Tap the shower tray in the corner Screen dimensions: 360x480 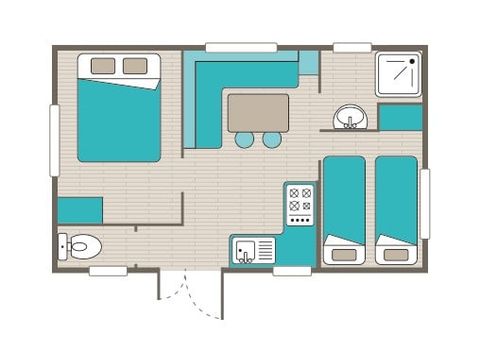pos(398,75)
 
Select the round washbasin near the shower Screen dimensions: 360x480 pos(350,116)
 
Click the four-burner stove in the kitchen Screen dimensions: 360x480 pos(299,204)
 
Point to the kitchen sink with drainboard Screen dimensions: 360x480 pos(254,250)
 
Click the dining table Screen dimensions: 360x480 pos(258,112)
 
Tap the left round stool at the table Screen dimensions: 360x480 pos(245,140)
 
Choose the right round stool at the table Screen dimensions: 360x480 pos(272,140)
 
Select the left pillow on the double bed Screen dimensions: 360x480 pos(104,66)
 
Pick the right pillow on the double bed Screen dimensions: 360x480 pos(135,66)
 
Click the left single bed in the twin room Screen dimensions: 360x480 pos(344,208)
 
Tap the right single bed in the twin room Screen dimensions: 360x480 pos(397,208)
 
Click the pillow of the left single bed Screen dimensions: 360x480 pos(344,254)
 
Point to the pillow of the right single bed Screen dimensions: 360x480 pos(397,254)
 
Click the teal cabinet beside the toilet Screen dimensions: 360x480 pos(80,210)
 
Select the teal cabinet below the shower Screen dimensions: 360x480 pos(401,117)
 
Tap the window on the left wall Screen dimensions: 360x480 pos(54,140)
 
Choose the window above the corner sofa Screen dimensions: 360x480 pos(241,46)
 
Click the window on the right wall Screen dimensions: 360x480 pos(425,203)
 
